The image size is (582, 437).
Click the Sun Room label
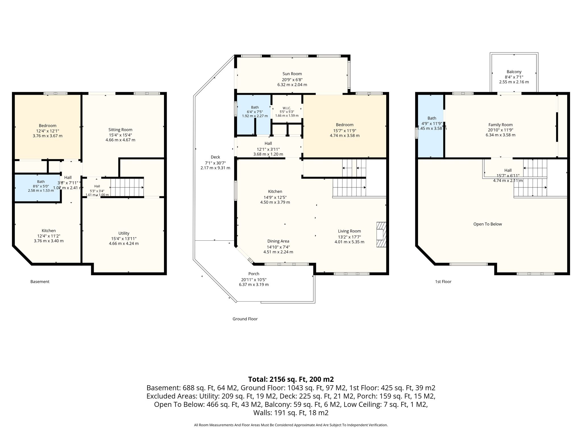coord(292,74)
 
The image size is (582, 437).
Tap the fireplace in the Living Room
coord(381,234)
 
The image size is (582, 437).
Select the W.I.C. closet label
coord(287,108)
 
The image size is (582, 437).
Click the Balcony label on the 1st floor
coord(514,72)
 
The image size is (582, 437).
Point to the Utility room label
coord(124,233)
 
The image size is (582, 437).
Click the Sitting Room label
coord(120,130)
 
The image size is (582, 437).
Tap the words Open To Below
coord(488,224)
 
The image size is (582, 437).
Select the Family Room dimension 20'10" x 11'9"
coord(500,130)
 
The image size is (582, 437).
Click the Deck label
coord(215,157)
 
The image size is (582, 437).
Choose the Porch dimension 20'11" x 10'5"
coord(254,279)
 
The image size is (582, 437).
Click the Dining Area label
coord(278,241)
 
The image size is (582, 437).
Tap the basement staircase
coord(127,187)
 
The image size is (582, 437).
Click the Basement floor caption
coord(40,282)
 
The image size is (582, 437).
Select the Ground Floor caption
coord(245,319)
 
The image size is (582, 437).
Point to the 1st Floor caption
coord(443,282)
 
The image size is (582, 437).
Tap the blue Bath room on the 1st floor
coord(431,126)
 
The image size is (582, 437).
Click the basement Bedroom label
coord(47,125)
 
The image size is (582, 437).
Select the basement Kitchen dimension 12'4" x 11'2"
coord(49,236)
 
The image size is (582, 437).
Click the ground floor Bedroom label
coord(345,125)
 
